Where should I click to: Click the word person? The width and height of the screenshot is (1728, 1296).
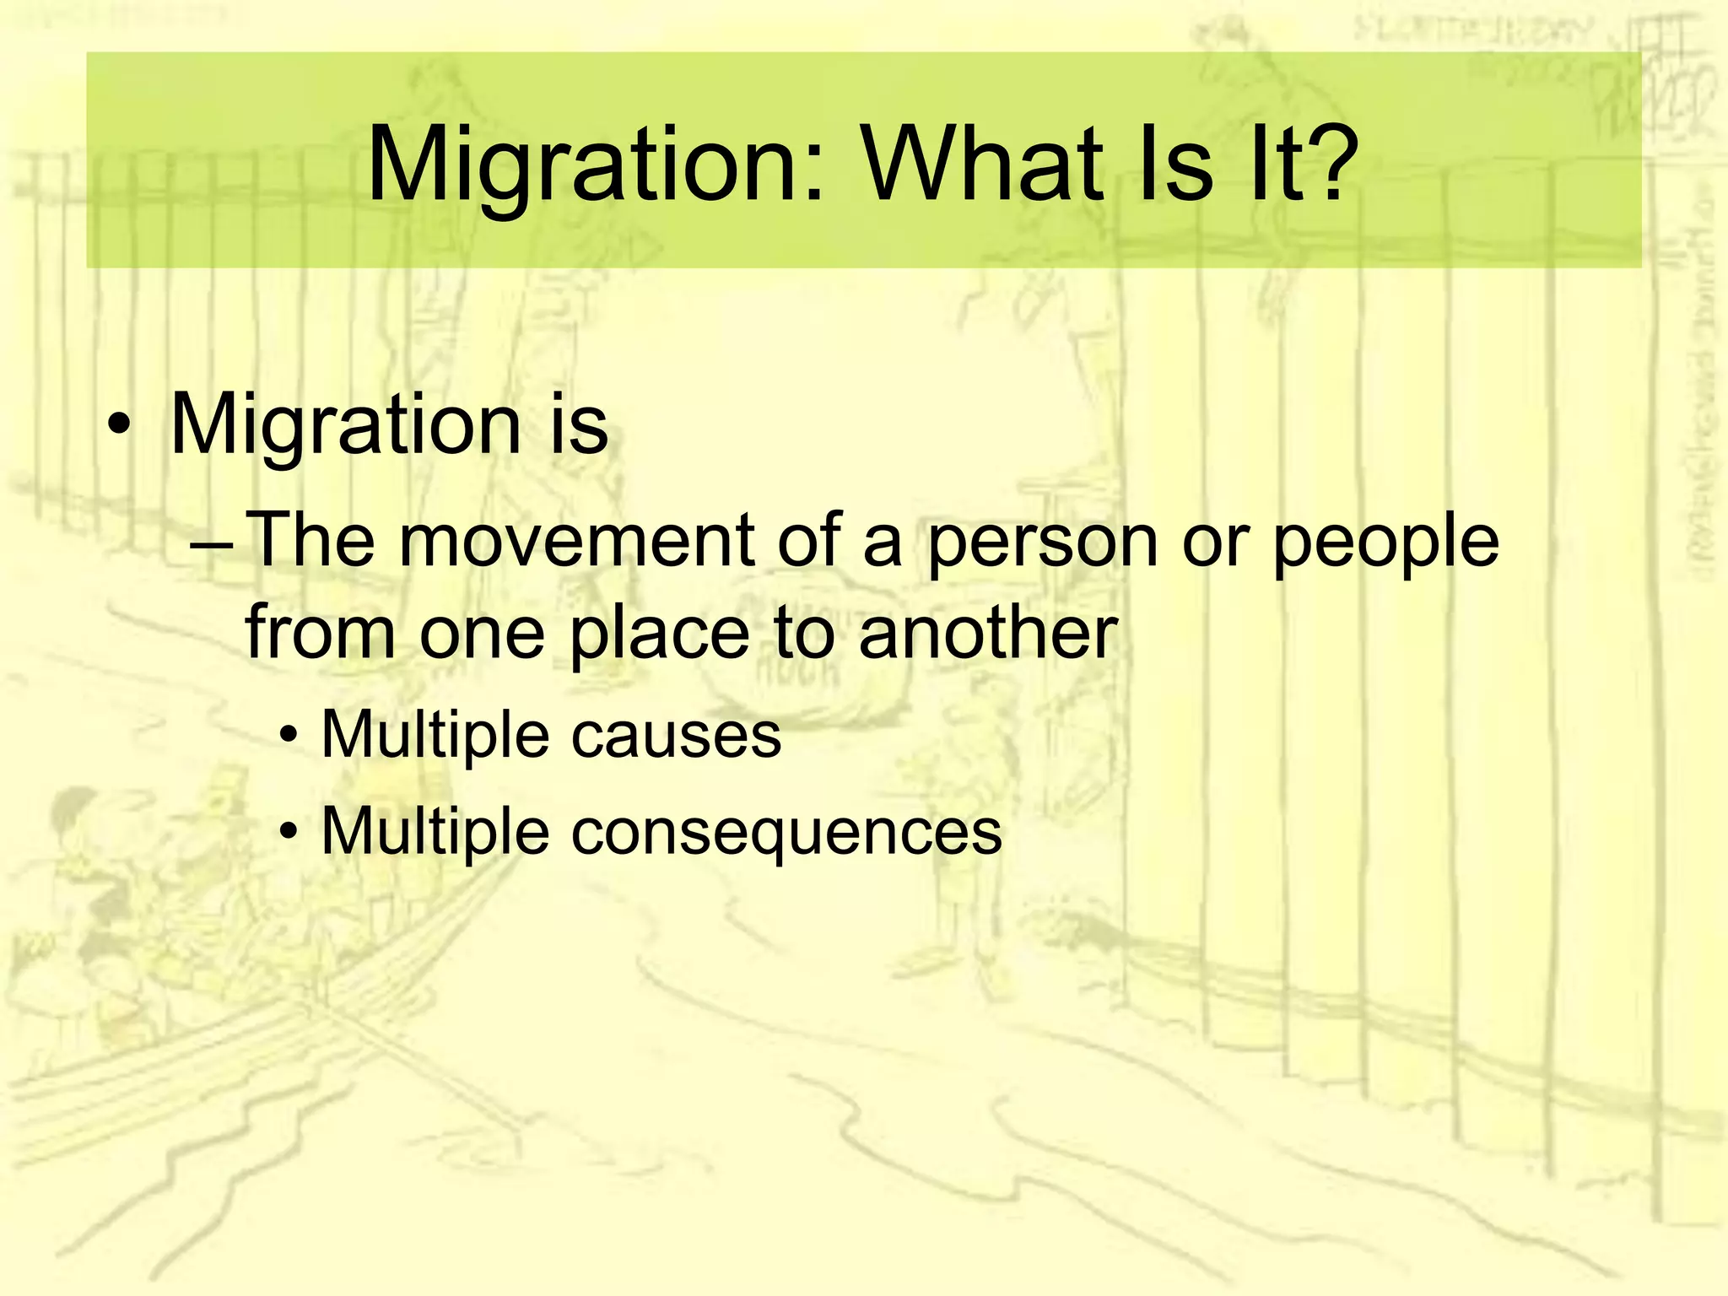pyautogui.click(x=1043, y=544)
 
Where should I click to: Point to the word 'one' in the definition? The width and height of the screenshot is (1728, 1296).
pyautogui.click(x=482, y=634)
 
